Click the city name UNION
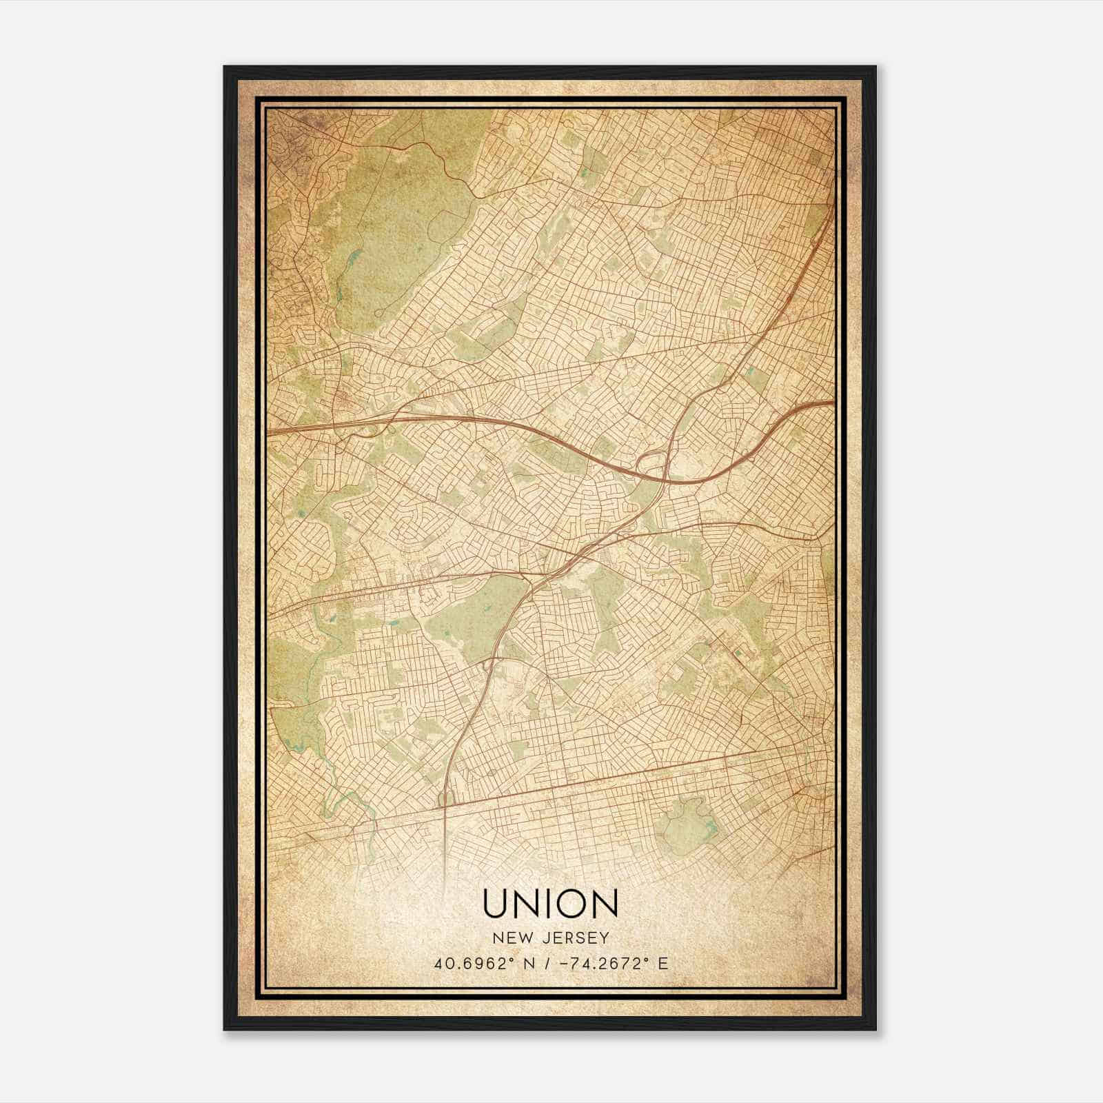tap(550, 904)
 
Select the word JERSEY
tap(573, 938)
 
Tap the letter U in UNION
tap(497, 904)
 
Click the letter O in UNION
tap(569, 904)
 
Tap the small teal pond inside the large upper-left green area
tap(354, 260)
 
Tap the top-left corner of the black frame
tap(225, 68)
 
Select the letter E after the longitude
tap(663, 964)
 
